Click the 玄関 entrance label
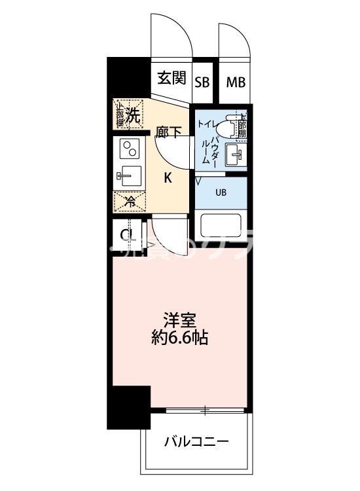tap(171, 79)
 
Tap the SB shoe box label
tap(203, 82)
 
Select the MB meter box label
tap(236, 82)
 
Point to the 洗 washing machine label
tap(134, 117)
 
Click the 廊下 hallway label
tap(169, 133)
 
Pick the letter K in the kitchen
tap(168, 177)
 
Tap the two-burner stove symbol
tap(128, 151)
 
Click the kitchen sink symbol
tap(128, 175)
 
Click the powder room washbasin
tap(235, 156)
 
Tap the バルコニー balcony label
tap(196, 442)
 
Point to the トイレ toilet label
tap(204, 122)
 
